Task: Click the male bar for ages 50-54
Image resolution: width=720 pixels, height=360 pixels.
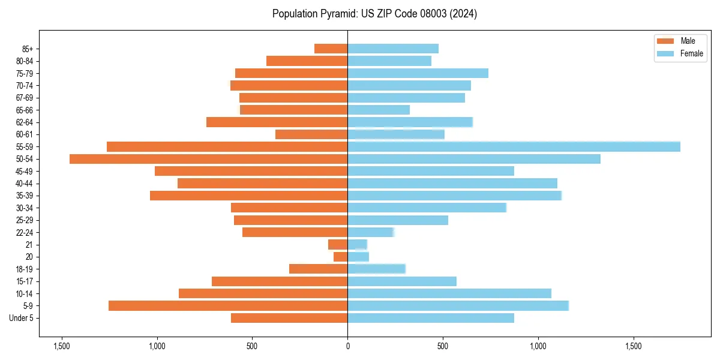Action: click(208, 159)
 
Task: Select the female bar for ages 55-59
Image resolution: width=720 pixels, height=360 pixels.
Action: click(514, 146)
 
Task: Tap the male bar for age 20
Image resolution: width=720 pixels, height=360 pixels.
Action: click(340, 257)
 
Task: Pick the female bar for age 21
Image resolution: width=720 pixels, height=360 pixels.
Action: click(357, 244)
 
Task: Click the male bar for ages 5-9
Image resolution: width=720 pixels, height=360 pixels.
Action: click(228, 306)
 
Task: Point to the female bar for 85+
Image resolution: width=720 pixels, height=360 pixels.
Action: click(393, 49)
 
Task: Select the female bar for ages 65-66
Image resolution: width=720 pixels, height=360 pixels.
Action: click(379, 110)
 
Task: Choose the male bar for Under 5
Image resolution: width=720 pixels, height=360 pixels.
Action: click(289, 318)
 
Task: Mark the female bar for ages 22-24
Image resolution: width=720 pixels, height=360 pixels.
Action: click(370, 232)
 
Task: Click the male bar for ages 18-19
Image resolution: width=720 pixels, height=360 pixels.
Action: click(318, 269)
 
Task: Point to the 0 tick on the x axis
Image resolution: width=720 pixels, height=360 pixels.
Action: click(347, 346)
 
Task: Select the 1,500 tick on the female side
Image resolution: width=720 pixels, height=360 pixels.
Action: click(634, 346)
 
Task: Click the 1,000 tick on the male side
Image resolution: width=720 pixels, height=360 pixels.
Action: click(157, 346)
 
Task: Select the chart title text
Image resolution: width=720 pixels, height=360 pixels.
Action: click(374, 14)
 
